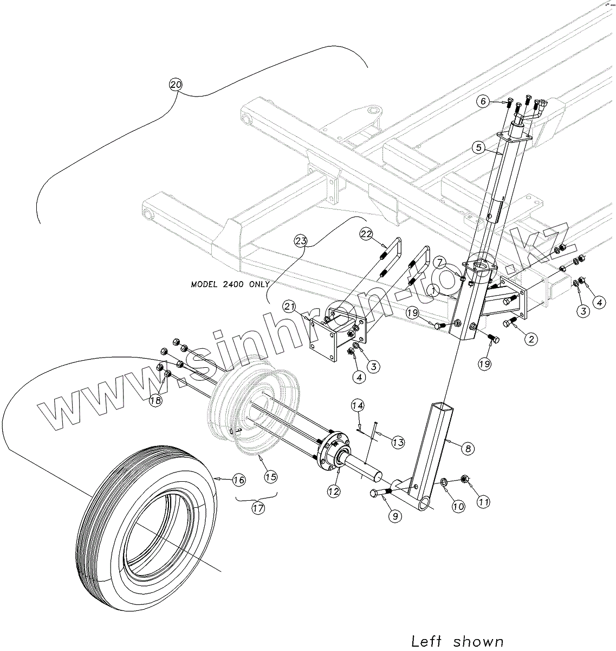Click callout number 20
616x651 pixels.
pyautogui.click(x=176, y=85)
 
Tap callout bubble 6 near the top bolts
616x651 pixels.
pyautogui.click(x=484, y=101)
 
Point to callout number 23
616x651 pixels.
pyautogui.click(x=302, y=240)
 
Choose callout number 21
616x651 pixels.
pyautogui.click(x=289, y=308)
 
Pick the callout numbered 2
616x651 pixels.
pyautogui.click(x=531, y=340)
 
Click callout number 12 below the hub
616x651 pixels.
pyautogui.click(x=333, y=492)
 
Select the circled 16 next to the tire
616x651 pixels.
pyautogui.click(x=239, y=480)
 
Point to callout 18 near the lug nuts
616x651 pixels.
pyautogui.click(x=156, y=400)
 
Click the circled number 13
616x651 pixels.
pyautogui.click(x=398, y=443)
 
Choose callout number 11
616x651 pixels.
pyautogui.click(x=483, y=502)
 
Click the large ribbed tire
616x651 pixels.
pyautogui.click(x=146, y=521)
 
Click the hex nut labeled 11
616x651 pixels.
pyautogui.click(x=464, y=478)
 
